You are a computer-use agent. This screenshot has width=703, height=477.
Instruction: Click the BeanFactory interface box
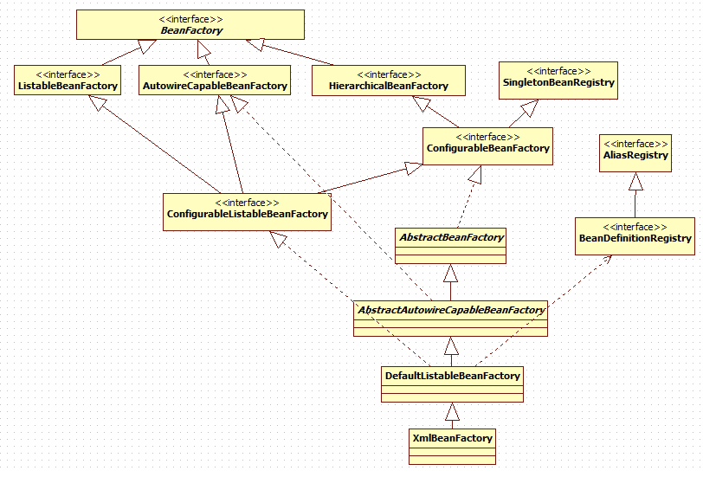[x=190, y=24]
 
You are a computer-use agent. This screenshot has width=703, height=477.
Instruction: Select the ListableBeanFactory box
[x=68, y=81]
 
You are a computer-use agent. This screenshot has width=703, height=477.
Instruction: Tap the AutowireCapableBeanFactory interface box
[x=215, y=81]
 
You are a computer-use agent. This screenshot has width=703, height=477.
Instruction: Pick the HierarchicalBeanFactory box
[x=388, y=81]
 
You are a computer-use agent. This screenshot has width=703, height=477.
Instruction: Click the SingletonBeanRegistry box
[x=558, y=81]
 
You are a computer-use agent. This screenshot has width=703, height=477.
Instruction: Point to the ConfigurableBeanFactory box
[x=487, y=146]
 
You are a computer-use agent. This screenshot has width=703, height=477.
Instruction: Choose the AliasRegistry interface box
[x=635, y=153]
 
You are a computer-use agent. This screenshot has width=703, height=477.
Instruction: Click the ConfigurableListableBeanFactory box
[x=247, y=212]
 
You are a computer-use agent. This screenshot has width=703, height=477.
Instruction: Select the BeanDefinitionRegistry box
[x=635, y=236]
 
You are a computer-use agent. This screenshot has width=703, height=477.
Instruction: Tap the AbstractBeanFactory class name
[x=451, y=237]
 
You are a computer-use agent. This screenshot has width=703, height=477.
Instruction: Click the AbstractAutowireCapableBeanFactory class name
[x=451, y=310]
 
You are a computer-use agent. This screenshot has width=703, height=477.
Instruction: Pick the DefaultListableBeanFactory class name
[x=453, y=376]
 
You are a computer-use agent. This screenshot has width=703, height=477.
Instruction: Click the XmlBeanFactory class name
[x=453, y=438]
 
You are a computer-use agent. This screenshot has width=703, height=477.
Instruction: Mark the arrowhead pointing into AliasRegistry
[x=635, y=181]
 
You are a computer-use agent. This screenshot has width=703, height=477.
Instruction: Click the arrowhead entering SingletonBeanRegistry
[x=530, y=107]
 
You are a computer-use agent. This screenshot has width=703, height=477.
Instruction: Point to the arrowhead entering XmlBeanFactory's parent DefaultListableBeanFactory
[x=453, y=411]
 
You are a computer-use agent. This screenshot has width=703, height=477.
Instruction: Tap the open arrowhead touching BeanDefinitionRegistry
[x=606, y=260]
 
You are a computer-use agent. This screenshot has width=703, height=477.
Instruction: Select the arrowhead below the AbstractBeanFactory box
[x=450, y=273]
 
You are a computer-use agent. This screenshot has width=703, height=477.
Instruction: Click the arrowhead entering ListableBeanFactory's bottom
[x=97, y=103]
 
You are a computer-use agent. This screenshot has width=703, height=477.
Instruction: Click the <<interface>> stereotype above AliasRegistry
[x=635, y=144]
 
